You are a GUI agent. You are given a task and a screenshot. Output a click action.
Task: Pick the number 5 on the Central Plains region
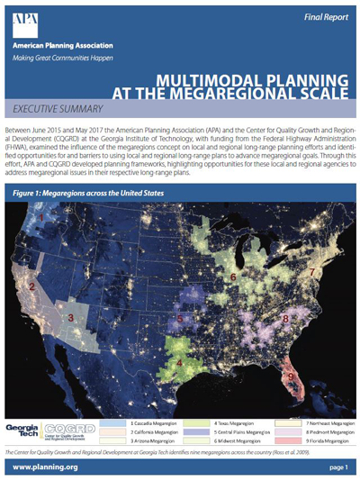pos(180,318)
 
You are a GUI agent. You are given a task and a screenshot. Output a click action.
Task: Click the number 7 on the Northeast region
pos(311,270)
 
